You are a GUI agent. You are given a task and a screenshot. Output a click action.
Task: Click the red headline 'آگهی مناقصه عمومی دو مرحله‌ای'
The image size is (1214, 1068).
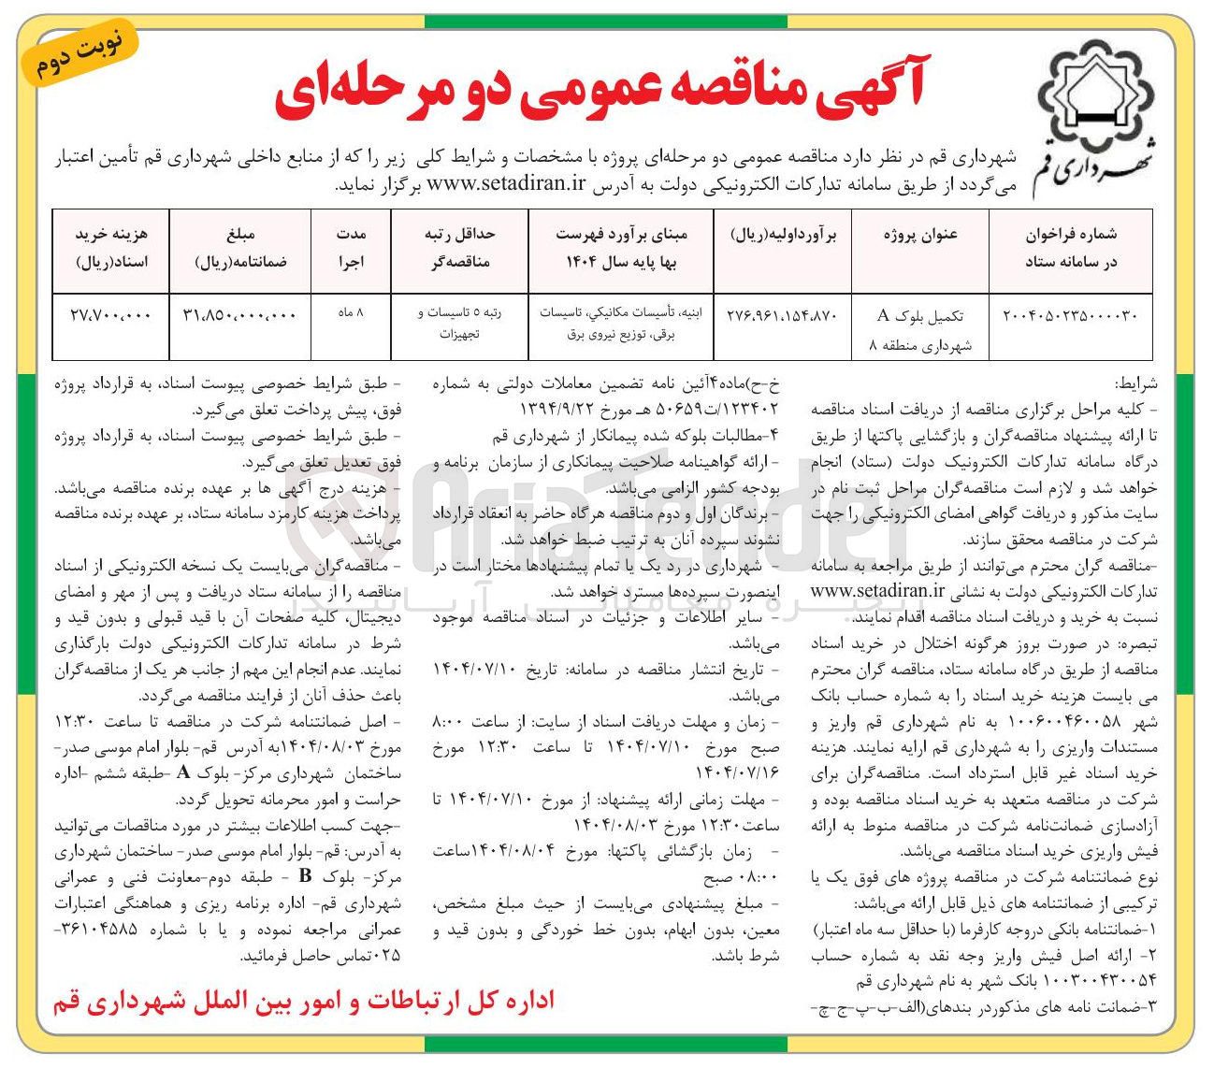point(599,94)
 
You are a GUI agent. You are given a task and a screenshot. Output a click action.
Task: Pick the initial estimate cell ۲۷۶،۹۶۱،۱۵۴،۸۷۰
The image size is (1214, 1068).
point(783,316)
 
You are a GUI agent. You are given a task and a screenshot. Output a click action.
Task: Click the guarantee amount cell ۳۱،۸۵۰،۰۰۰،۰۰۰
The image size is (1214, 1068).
point(239,316)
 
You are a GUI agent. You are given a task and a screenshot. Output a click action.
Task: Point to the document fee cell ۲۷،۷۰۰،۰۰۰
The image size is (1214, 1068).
point(110,316)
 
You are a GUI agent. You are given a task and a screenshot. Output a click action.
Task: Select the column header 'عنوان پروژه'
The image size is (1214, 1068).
point(920,236)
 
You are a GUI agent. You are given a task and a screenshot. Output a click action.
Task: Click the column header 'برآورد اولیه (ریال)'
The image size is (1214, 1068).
point(783,236)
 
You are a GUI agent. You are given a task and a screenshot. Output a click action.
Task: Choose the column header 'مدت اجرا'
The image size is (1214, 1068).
point(351,248)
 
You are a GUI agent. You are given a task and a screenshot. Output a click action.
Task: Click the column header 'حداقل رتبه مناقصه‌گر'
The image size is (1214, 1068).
point(459,248)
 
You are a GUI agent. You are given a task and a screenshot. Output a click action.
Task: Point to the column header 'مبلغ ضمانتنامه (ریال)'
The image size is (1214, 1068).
point(239,248)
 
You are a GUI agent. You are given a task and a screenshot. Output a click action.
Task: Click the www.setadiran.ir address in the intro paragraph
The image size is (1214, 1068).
point(506,183)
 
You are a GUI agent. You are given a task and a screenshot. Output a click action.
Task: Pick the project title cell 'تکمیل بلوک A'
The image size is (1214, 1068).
point(920,316)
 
